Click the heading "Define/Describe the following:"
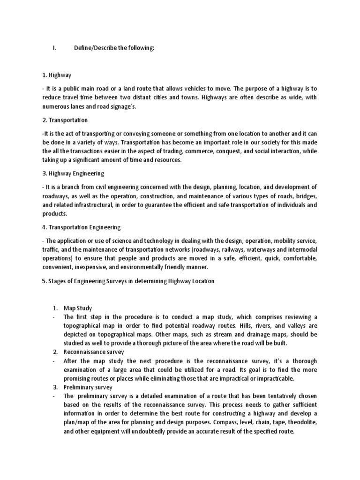[x=114, y=48]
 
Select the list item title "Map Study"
[x=78, y=308]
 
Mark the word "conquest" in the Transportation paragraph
[x=239, y=151]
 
